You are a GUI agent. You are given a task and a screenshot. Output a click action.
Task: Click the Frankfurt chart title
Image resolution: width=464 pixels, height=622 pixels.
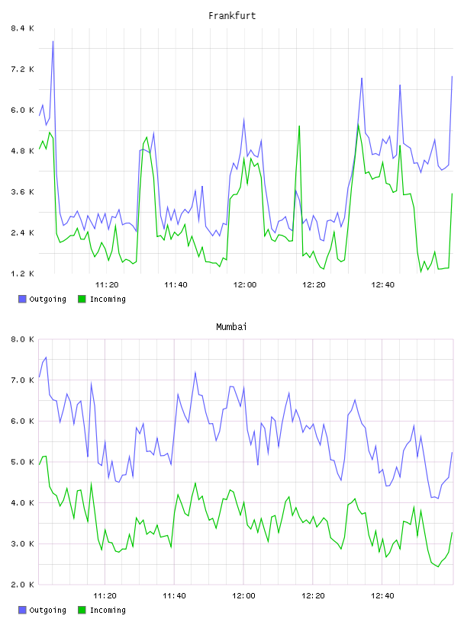coord(232,16)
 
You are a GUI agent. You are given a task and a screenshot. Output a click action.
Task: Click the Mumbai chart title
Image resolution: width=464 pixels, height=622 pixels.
coord(231,327)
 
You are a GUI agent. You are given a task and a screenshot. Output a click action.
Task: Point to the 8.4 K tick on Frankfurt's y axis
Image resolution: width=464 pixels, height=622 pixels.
coord(22,28)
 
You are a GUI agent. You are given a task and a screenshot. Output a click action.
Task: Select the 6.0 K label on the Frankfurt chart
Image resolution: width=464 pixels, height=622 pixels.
coord(22,110)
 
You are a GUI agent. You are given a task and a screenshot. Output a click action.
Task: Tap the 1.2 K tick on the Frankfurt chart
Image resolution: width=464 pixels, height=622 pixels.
coord(22,274)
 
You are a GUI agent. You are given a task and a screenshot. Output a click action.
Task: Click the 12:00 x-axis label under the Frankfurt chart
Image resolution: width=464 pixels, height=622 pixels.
coord(245,284)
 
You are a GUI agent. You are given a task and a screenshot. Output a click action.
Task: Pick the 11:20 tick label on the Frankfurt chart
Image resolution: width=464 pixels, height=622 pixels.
coord(107,284)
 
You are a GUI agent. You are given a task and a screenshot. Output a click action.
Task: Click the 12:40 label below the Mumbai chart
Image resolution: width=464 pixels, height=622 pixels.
coord(382,595)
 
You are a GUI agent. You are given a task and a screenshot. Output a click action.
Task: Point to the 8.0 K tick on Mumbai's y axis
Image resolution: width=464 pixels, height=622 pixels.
coord(22,339)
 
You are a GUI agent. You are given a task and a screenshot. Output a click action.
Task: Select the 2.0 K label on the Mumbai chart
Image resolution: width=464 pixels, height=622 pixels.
coord(22,585)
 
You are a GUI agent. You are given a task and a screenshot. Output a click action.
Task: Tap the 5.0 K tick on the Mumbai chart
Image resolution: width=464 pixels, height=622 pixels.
coord(22,462)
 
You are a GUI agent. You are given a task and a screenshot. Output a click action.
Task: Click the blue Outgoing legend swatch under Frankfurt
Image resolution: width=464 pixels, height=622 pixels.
coord(22,299)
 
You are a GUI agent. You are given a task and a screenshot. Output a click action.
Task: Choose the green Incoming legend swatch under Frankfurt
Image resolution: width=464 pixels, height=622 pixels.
coord(82,299)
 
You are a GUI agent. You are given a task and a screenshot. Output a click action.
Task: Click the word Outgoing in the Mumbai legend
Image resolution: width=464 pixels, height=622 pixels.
coord(47,610)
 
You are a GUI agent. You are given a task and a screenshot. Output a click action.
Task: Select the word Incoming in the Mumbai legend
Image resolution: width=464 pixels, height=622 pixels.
coord(108,610)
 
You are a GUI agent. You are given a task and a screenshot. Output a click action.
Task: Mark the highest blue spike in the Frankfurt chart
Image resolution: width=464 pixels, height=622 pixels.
coord(53,41)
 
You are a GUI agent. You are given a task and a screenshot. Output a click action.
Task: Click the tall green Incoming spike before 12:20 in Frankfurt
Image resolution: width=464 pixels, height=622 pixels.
coord(299,126)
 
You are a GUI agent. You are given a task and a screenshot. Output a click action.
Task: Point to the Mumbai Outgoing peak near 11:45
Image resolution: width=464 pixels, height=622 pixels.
coord(195,372)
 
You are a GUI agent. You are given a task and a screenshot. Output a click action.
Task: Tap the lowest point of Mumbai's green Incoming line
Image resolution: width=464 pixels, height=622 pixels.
coord(438,566)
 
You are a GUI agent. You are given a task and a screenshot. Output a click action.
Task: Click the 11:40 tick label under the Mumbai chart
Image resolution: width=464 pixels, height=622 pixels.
coord(174,595)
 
